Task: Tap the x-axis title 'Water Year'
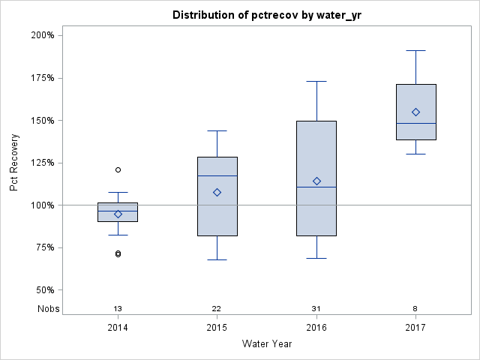[267, 344]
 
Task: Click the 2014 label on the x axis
[118, 328]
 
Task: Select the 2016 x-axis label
[316, 328]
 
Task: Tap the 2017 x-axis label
[415, 328]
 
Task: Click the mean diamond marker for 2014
[118, 214]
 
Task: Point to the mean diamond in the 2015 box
[217, 192]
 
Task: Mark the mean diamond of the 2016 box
[316, 181]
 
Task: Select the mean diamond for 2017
[415, 112]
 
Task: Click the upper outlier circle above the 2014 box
[118, 169]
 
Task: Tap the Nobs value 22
[217, 309]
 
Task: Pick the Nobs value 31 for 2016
[316, 309]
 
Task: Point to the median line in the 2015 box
[217, 175]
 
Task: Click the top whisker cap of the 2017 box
[415, 50]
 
